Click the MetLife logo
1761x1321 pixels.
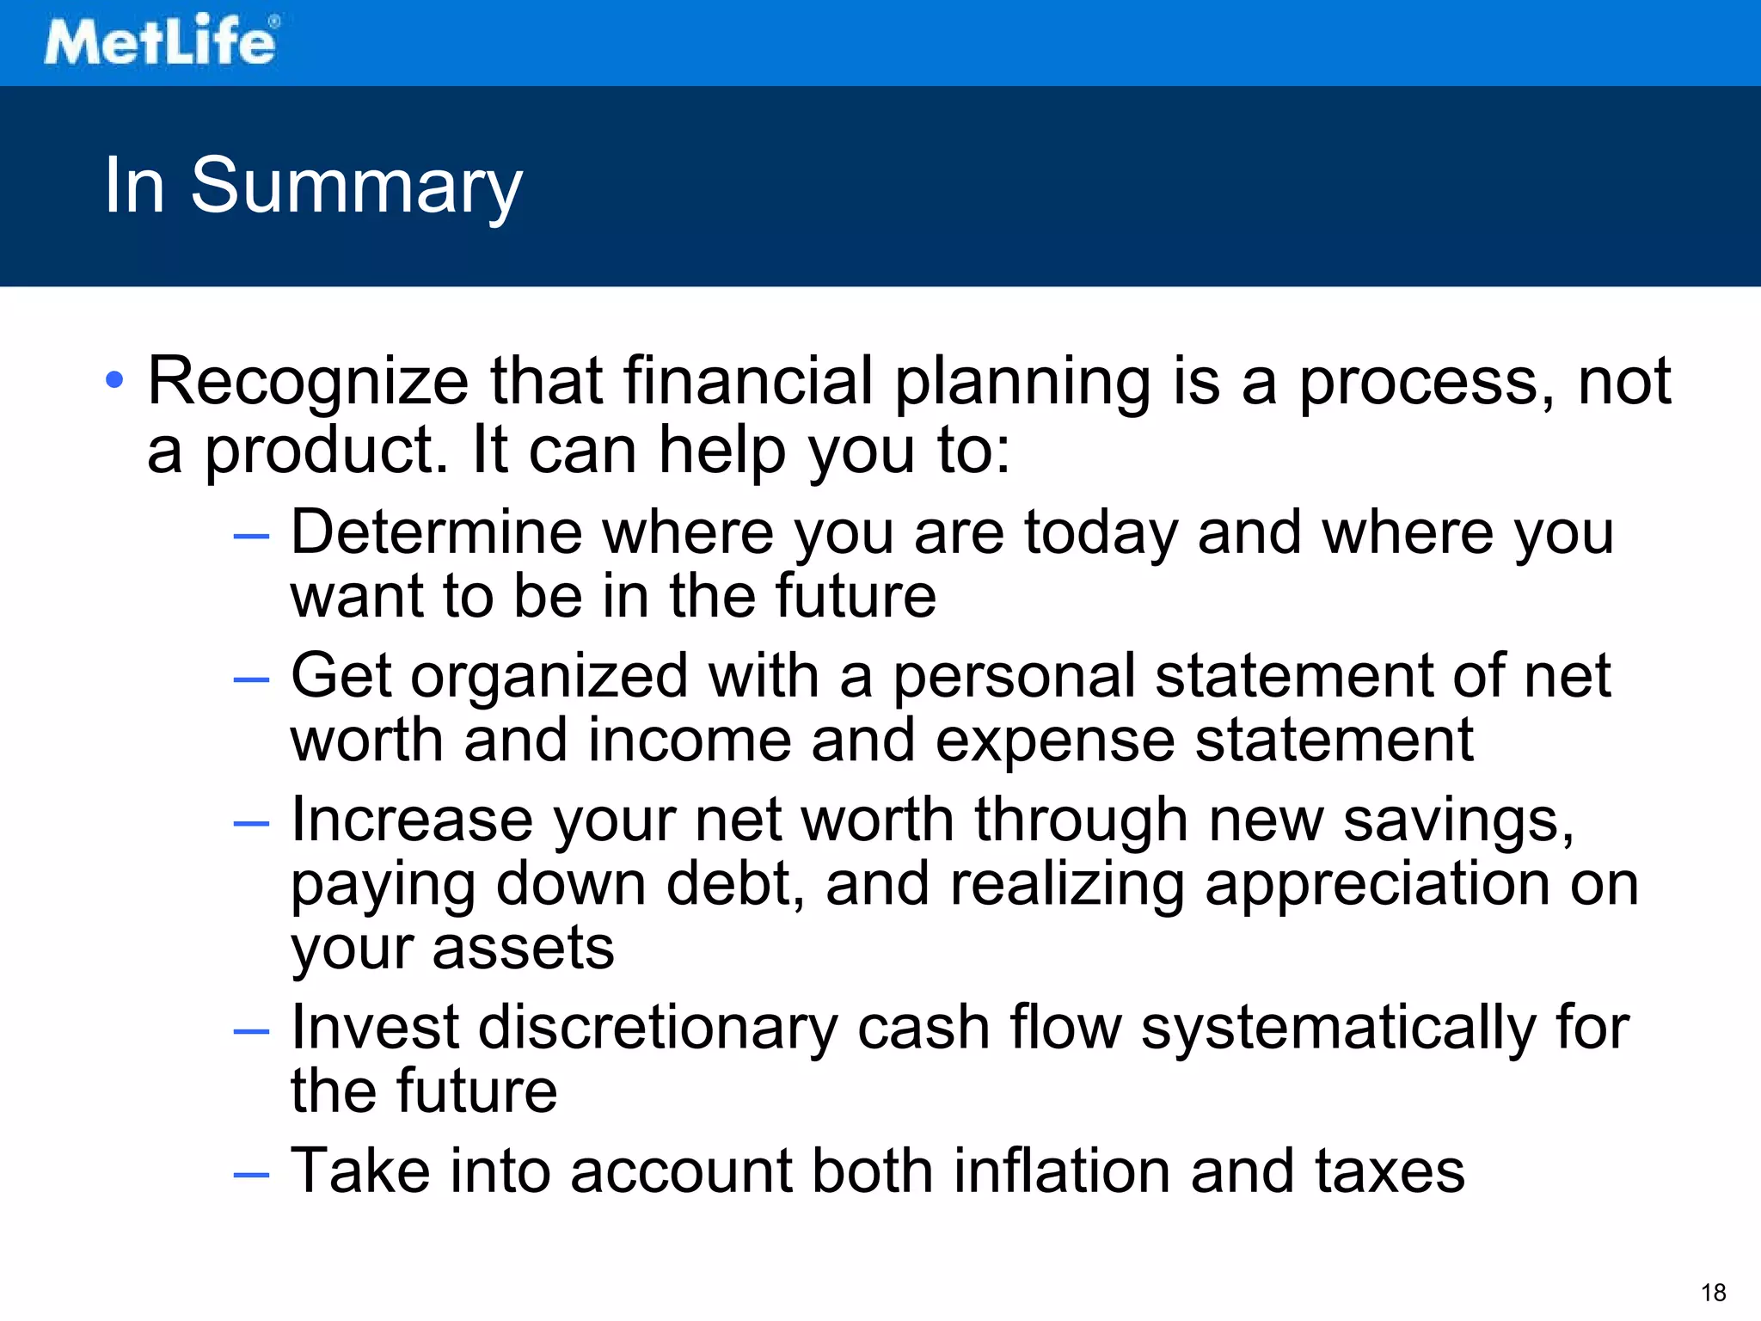click(161, 40)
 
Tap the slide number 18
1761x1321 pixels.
click(1713, 1293)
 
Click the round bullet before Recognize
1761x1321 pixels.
click(114, 379)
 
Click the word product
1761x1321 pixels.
click(326, 451)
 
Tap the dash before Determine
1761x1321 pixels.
click(251, 537)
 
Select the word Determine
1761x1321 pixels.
click(436, 532)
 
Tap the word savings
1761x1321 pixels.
click(1457, 821)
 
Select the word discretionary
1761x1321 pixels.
click(657, 1028)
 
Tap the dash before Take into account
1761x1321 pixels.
click(251, 1175)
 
